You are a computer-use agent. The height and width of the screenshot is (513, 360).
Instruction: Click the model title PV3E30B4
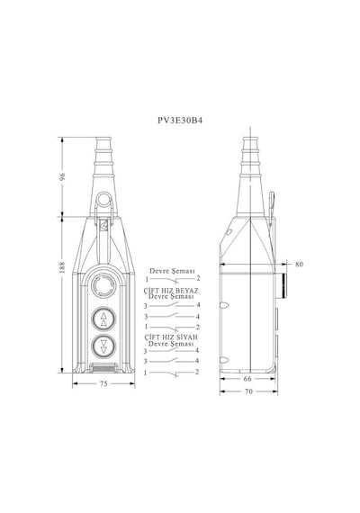180,121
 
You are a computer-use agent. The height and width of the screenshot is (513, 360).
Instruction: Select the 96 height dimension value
62,176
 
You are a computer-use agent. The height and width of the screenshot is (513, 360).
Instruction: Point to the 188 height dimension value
62,267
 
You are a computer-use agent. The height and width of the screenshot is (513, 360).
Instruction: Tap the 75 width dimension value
103,383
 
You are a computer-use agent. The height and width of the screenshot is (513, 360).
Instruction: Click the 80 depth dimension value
299,264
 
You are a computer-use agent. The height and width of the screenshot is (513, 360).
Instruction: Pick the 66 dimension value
247,379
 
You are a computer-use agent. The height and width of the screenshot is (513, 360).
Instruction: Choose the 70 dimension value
248,391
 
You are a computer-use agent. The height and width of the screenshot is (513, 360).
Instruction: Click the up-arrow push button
103,319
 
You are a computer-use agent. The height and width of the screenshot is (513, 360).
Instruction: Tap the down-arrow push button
103,346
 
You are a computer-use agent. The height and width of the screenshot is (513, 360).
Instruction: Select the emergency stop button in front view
103,285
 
